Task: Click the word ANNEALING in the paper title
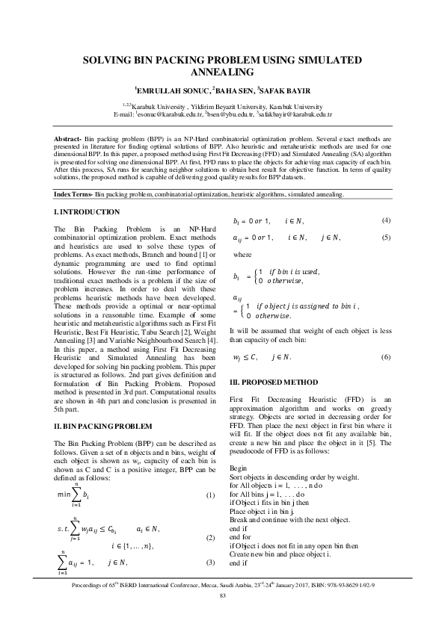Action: pos(222,72)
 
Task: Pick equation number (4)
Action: pos(386,220)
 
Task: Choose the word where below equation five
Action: pos(243,254)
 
